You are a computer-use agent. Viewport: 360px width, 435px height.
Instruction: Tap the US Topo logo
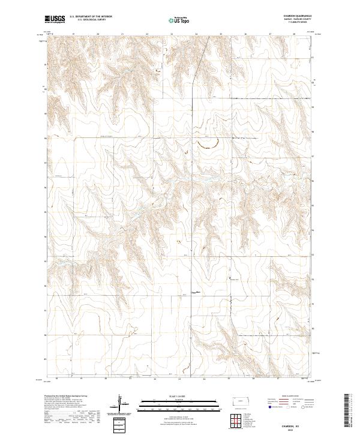pos(180,20)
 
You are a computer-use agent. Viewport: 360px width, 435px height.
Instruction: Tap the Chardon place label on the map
pos(194,292)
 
